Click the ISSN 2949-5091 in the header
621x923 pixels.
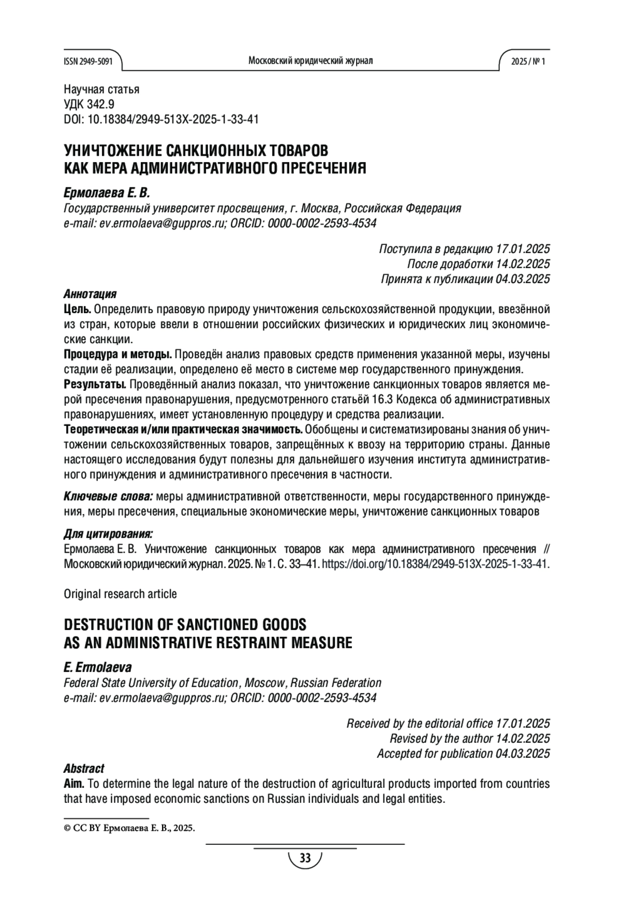pos(87,61)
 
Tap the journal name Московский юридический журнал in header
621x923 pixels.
pos(310,61)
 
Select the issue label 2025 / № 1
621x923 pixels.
pos(528,61)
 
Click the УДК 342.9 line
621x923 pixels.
pos(89,104)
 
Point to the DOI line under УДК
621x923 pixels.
pos(161,119)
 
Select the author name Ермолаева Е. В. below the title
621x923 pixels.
pos(106,193)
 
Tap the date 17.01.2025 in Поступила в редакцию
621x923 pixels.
pos(523,248)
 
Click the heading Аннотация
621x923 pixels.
pos(90,294)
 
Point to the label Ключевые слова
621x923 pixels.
pos(108,497)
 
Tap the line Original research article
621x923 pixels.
pos(120,594)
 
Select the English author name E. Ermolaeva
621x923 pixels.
pos(97,667)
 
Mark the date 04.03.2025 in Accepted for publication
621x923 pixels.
pos(523,753)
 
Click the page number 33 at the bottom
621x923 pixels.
pos(305,859)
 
